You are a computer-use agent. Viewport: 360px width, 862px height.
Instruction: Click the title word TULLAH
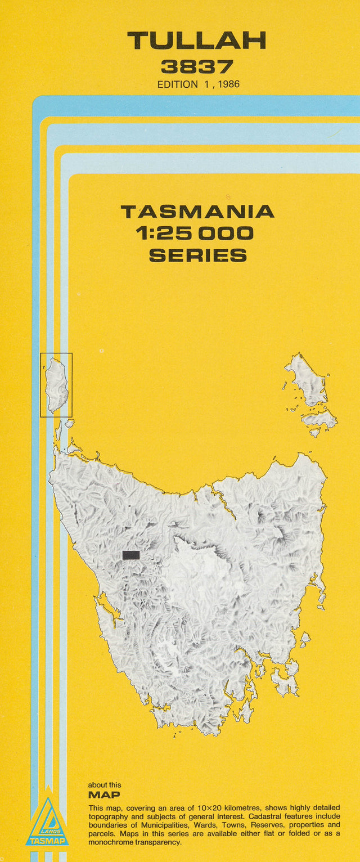coord(196,41)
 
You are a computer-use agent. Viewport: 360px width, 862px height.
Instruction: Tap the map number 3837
coord(196,67)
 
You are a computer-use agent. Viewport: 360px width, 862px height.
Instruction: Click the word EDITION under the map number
coord(178,84)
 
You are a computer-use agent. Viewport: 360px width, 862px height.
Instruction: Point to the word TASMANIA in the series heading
coord(197,212)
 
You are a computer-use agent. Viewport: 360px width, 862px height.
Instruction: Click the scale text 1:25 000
coord(197,234)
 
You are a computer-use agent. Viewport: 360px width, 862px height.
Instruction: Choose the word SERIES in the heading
coord(197,255)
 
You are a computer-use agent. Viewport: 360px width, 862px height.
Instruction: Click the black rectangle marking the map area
coord(131,555)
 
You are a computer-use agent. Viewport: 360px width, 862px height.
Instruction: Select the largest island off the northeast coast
coord(307,380)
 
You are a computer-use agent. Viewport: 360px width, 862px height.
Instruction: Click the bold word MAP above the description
coord(104,795)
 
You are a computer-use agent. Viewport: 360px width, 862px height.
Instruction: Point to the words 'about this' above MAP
coord(105,785)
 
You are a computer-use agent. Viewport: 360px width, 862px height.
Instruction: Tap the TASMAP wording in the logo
coord(47,841)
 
